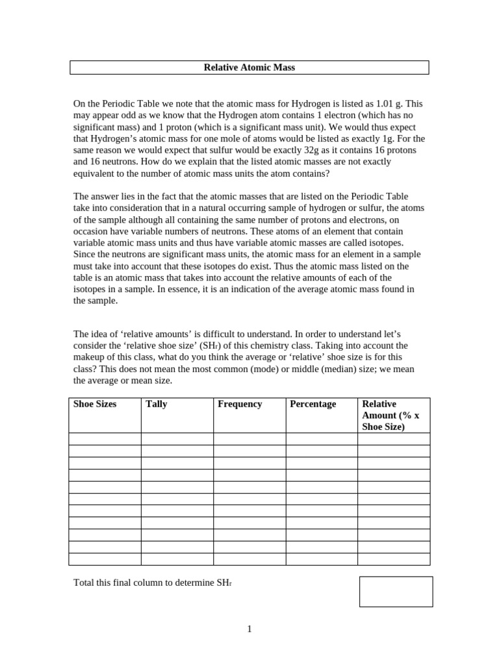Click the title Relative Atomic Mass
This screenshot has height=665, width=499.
[249, 68]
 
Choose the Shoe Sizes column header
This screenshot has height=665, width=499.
[95, 404]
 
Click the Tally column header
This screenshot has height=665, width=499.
[157, 404]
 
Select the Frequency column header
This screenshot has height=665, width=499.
[240, 404]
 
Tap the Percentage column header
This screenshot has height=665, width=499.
[313, 404]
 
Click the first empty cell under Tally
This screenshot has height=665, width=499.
[177, 439]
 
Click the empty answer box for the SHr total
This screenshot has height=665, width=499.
[396, 592]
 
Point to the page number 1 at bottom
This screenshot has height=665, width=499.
[249, 629]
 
